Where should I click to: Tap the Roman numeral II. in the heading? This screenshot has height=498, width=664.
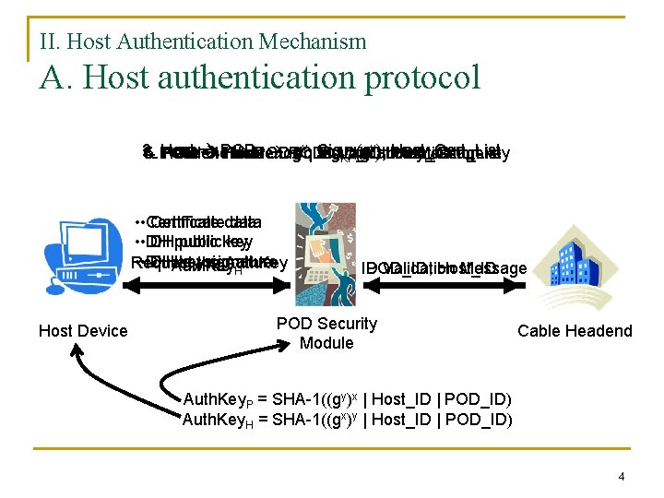(51, 41)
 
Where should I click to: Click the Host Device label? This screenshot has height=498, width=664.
(83, 331)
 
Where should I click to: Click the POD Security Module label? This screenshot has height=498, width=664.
(326, 333)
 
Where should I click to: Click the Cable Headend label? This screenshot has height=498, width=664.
(575, 331)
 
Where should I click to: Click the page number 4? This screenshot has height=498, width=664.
(622, 477)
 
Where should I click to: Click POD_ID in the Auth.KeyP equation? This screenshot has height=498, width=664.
(479, 399)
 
